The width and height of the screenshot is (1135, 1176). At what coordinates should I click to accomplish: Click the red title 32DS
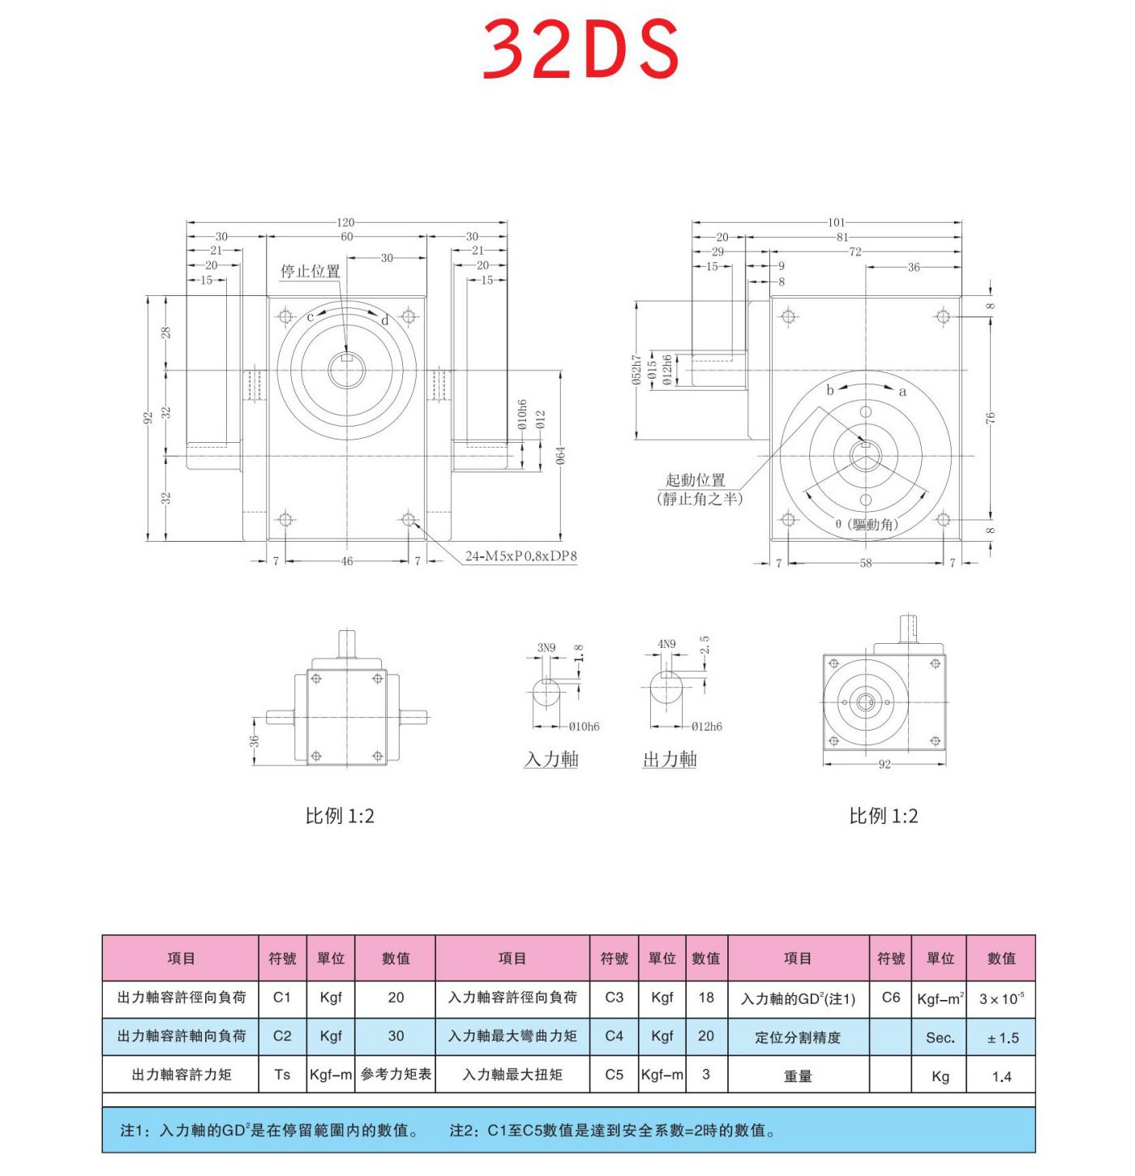click(x=580, y=49)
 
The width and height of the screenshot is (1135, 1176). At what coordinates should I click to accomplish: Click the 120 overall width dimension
click(x=346, y=222)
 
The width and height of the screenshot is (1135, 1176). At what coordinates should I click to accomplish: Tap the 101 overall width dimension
click(x=836, y=222)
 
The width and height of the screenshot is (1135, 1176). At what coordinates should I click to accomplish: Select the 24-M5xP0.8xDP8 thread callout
click(x=520, y=556)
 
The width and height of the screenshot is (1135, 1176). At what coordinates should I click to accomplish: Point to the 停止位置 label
click(x=311, y=272)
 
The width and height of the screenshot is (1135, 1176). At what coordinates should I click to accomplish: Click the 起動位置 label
click(x=696, y=480)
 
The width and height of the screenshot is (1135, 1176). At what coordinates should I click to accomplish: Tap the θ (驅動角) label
click(x=867, y=525)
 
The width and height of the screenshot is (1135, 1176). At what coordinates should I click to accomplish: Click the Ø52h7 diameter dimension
click(x=637, y=370)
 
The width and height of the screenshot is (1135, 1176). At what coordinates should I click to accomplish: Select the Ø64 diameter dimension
click(x=560, y=456)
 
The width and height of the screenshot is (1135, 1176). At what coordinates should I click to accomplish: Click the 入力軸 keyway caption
click(x=551, y=760)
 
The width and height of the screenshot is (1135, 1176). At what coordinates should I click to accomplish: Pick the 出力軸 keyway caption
click(x=670, y=760)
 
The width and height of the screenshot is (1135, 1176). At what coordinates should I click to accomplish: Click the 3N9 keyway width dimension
click(x=546, y=647)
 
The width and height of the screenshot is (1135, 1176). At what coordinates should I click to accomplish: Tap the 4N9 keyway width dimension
click(x=666, y=644)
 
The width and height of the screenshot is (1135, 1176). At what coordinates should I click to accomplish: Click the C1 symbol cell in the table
click(x=282, y=998)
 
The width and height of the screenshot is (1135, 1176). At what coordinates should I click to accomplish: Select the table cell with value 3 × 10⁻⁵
click(x=1001, y=998)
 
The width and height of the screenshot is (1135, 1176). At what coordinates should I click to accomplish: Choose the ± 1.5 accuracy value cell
click(x=1002, y=1037)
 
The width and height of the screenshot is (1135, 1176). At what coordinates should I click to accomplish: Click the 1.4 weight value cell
click(x=1001, y=1076)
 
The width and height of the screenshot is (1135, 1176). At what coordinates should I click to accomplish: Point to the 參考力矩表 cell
click(x=396, y=1075)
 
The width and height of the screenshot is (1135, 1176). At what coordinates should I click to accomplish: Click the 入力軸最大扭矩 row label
click(x=512, y=1075)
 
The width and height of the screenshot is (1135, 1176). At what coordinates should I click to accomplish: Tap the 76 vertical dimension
click(x=990, y=418)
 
